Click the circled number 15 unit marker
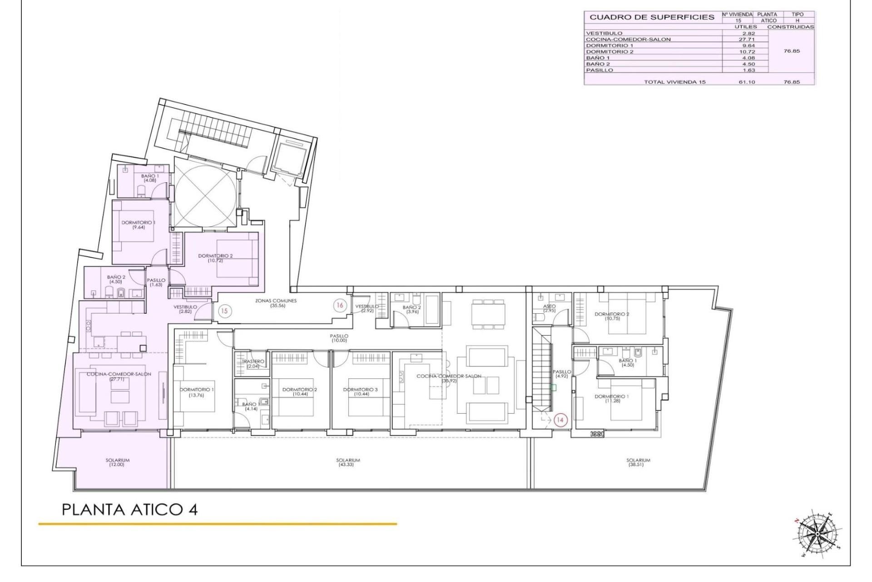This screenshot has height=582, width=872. (224, 311)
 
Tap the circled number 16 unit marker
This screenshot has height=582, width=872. (339, 305)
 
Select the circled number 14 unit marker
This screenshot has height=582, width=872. (560, 420)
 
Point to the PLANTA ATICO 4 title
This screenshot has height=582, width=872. (129, 509)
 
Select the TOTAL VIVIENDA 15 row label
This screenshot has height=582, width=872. (674, 82)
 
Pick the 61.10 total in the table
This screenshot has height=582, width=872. (746, 82)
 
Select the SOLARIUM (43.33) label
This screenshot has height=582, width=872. (348, 462)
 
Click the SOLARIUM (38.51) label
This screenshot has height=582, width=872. (638, 462)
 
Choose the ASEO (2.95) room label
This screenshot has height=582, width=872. (549, 308)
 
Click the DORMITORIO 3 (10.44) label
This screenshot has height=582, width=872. (360, 392)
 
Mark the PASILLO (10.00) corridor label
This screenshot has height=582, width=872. (339, 338)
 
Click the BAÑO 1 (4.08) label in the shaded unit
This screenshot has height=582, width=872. (149, 178)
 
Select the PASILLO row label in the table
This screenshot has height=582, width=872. (599, 70)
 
